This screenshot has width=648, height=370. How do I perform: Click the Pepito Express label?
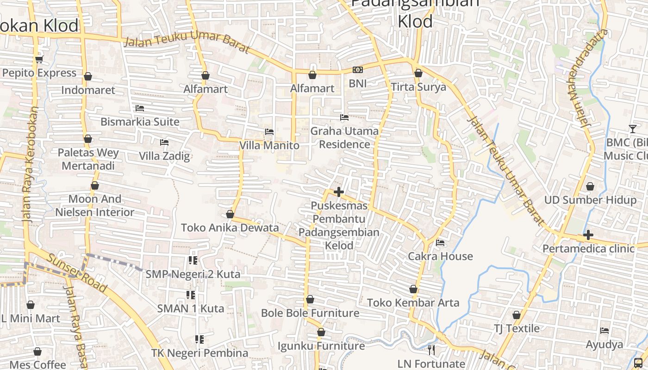click(x=39, y=73)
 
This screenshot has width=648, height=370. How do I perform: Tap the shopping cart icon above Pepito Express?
click(x=39, y=59)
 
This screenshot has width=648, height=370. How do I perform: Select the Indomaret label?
click(x=88, y=90)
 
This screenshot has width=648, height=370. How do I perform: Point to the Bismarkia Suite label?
click(x=140, y=122)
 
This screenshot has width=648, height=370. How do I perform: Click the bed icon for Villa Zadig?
click(x=164, y=142)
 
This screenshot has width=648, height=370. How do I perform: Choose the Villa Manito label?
click(x=269, y=146)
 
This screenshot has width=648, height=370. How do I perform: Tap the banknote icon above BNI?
click(x=357, y=70)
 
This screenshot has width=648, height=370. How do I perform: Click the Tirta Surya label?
click(x=418, y=87)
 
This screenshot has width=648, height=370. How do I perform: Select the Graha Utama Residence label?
click(x=344, y=138)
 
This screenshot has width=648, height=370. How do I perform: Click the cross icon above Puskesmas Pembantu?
click(x=339, y=191)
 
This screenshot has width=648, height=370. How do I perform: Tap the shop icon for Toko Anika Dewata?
click(x=230, y=214)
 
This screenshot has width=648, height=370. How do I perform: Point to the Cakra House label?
click(x=440, y=256)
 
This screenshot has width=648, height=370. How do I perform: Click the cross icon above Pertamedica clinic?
click(x=588, y=235)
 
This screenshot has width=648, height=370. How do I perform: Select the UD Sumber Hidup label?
click(x=590, y=200)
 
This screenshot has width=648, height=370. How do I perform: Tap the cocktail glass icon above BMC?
click(x=632, y=129)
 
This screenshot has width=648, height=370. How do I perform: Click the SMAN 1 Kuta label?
click(x=191, y=308)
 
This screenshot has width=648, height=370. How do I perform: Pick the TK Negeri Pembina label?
click(x=199, y=353)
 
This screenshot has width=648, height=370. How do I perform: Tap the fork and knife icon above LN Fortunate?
click(x=431, y=350)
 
